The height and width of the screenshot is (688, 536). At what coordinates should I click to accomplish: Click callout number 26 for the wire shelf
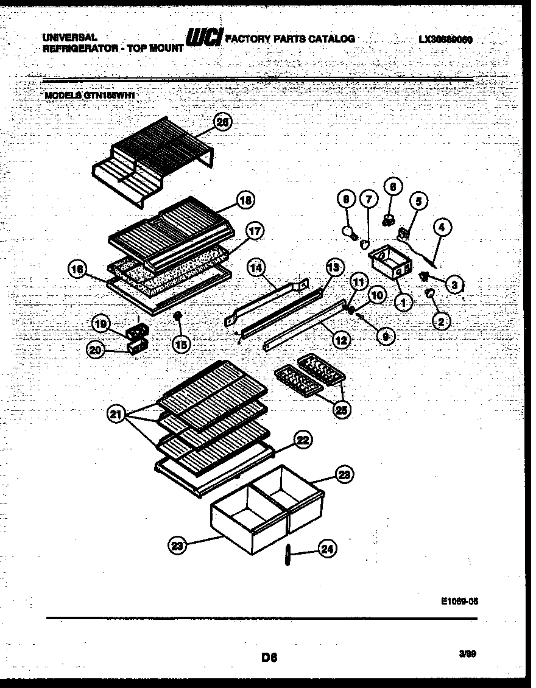point(224,123)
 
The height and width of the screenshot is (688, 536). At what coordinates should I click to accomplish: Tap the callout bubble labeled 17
point(255,231)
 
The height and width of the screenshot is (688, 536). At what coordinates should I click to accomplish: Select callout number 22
point(303,440)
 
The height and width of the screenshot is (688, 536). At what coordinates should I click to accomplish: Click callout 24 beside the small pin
point(327,550)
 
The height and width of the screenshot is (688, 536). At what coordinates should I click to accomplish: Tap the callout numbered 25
point(341,410)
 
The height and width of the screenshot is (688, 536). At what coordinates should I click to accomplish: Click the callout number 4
point(441,228)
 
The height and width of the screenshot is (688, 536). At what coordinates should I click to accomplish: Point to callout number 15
point(181,344)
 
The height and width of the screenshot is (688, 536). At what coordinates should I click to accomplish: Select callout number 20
point(96,349)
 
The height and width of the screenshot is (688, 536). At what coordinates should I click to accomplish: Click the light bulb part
point(350,232)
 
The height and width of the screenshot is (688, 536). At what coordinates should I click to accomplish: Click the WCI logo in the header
point(205,38)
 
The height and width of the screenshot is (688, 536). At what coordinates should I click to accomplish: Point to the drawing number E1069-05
point(459,599)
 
